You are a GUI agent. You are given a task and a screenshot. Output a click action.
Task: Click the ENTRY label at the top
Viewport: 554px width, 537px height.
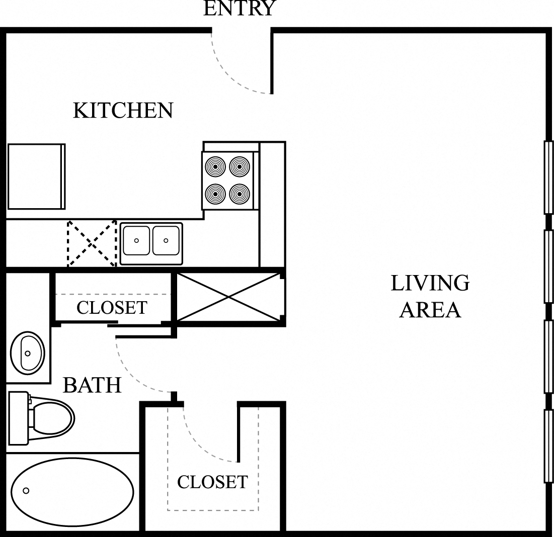click(x=239, y=8)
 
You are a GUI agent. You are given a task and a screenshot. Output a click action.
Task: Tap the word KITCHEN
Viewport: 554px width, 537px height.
click(x=123, y=110)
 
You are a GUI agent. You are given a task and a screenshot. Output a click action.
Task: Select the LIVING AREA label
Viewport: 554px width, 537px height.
click(x=430, y=297)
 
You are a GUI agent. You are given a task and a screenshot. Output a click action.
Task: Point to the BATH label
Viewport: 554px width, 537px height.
click(x=92, y=385)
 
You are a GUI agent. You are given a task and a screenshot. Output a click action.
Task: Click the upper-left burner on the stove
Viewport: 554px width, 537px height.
click(x=215, y=166)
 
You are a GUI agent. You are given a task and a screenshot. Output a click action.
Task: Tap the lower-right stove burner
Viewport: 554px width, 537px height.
click(x=240, y=194)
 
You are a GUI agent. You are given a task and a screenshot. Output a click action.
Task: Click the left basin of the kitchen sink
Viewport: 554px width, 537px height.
click(x=136, y=240)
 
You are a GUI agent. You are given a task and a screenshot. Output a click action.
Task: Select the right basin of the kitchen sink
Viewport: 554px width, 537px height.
click(x=166, y=240)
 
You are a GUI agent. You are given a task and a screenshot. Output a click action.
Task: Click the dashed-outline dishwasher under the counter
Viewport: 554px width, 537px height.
click(x=92, y=243)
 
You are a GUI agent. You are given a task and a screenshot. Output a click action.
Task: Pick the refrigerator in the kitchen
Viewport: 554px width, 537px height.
click(x=36, y=176)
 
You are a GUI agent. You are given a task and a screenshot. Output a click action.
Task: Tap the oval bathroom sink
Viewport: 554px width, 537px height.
click(x=27, y=352)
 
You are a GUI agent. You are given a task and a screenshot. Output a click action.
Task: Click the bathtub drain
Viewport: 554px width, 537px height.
click(x=26, y=491)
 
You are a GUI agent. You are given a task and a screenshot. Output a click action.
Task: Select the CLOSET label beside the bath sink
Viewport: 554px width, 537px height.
click(x=112, y=308)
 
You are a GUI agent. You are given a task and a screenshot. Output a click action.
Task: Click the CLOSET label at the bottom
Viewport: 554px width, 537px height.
click(x=212, y=482)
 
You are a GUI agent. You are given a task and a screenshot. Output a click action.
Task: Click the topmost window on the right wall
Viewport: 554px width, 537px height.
click(x=548, y=177)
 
